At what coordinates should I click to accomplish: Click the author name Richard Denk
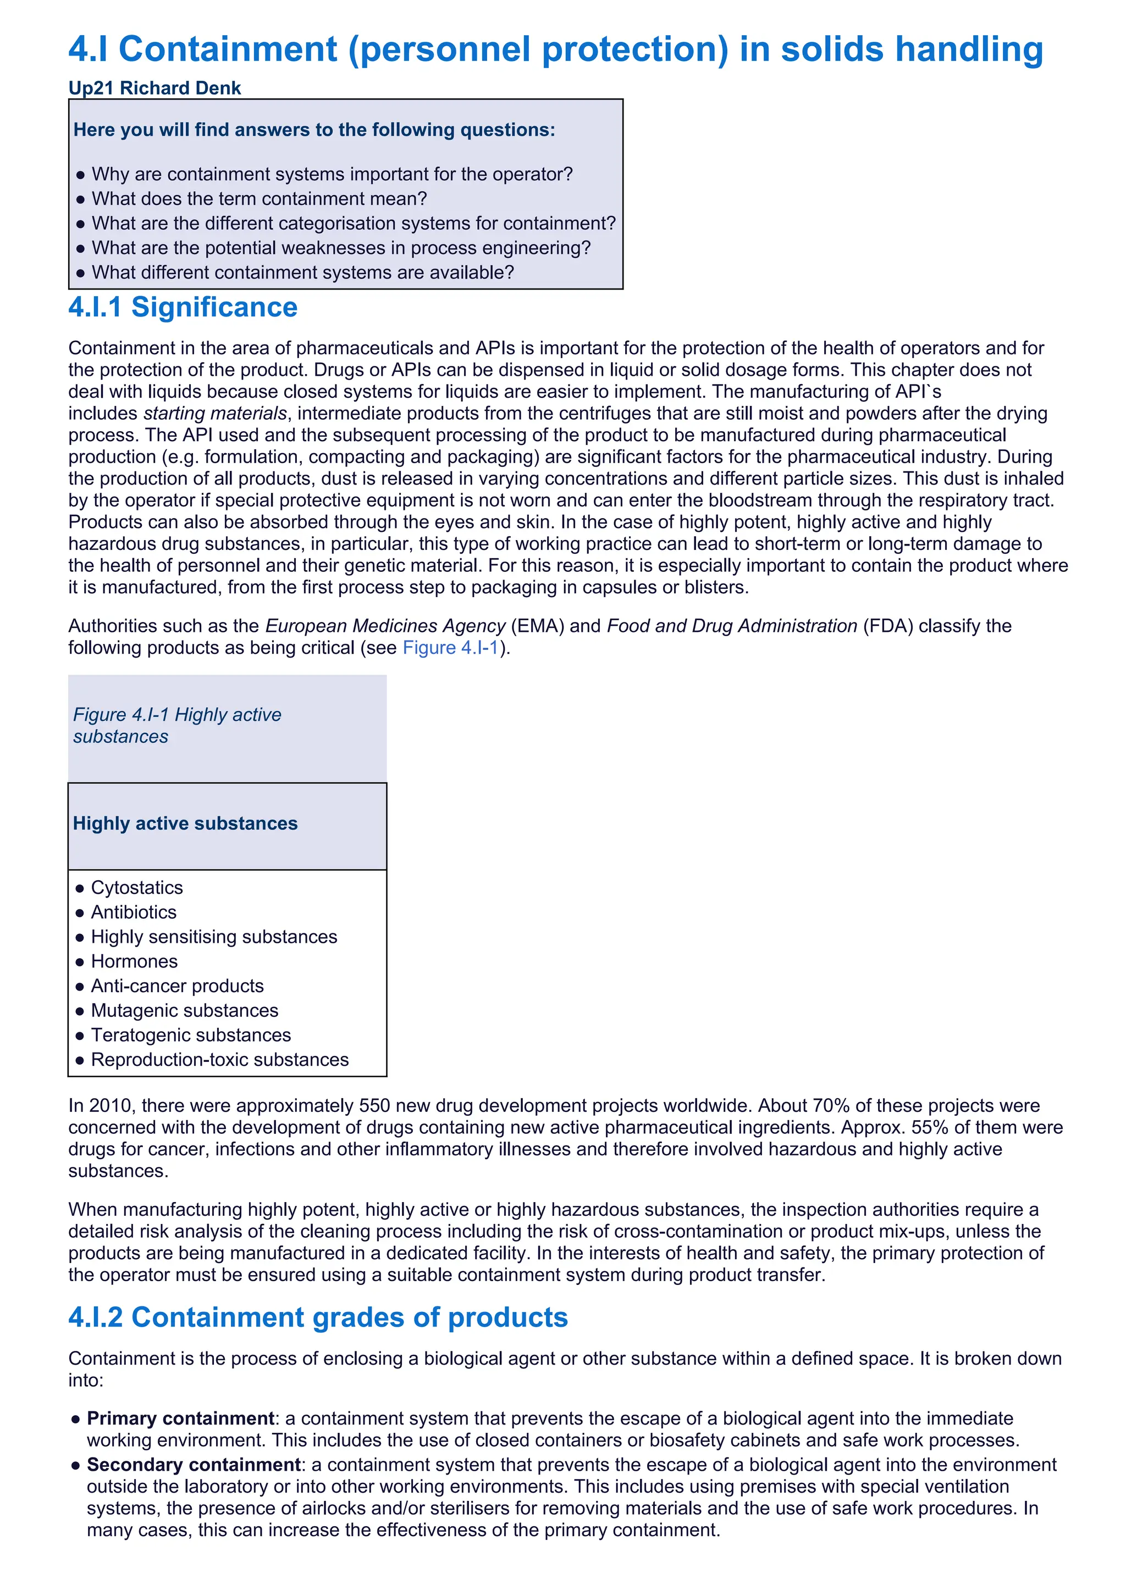click(x=180, y=88)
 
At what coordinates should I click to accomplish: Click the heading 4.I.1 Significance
click(x=183, y=307)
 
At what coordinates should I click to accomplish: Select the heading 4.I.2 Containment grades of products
click(x=318, y=1317)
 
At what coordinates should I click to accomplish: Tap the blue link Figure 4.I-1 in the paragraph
click(x=451, y=648)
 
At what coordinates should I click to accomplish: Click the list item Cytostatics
click(x=136, y=888)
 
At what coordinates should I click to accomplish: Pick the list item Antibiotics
click(x=134, y=912)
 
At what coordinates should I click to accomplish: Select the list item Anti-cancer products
click(x=178, y=986)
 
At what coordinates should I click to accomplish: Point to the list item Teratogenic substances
click(x=191, y=1035)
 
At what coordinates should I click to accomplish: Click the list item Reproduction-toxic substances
click(x=220, y=1060)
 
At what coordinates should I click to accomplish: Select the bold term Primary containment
click(x=180, y=1418)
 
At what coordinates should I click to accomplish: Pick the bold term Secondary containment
click(x=194, y=1465)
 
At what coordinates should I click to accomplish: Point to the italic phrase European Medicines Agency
click(x=385, y=626)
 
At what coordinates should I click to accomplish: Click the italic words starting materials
click(x=215, y=414)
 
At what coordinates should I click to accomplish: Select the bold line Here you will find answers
click(x=314, y=130)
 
